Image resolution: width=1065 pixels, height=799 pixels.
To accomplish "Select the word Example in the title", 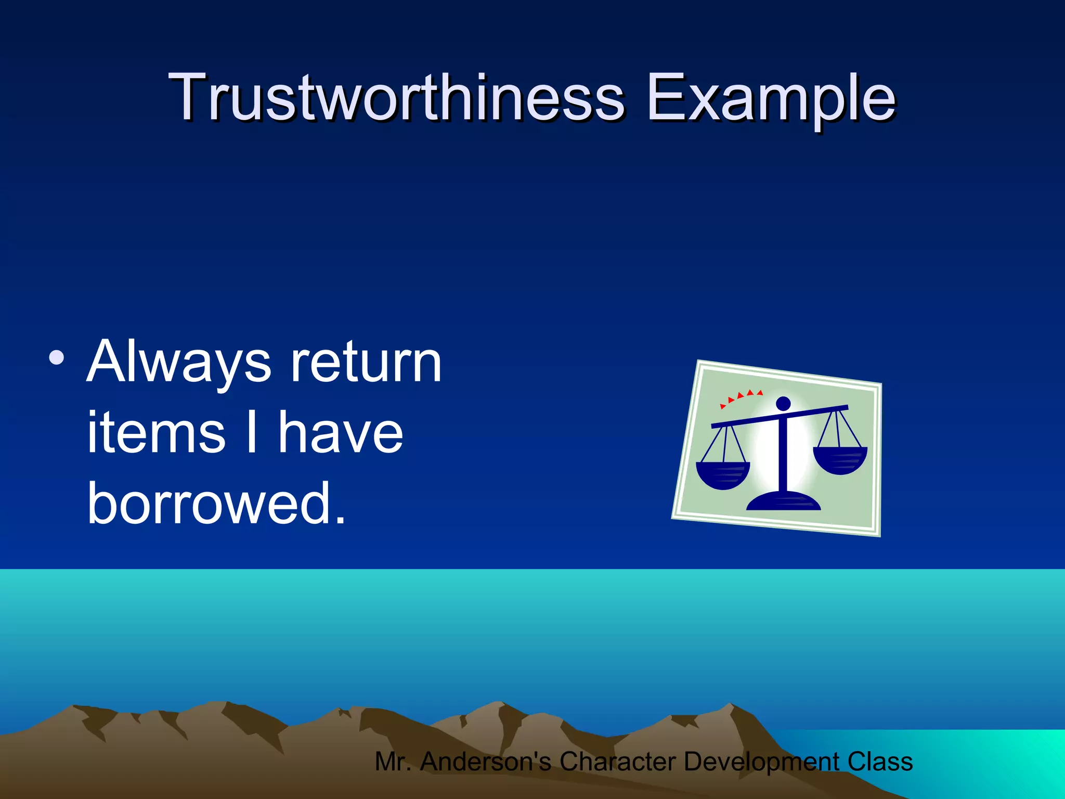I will [x=771, y=99].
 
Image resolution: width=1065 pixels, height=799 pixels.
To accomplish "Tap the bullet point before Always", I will [x=56, y=358].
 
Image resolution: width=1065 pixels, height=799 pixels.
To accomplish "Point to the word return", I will [x=366, y=363].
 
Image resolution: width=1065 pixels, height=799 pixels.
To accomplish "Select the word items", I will [x=156, y=432].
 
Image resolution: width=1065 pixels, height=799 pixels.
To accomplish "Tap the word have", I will [x=340, y=432].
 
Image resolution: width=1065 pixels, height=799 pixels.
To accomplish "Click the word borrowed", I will [x=216, y=503].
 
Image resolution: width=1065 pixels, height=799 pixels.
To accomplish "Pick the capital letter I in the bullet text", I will [x=252, y=432].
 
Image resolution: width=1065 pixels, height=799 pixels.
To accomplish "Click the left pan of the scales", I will [x=722, y=475].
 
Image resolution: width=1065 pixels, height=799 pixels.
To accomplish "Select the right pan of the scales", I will [x=840, y=460].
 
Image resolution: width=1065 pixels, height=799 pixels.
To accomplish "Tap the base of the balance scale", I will [x=783, y=502].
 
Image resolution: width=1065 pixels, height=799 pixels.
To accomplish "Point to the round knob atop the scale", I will [x=783, y=403].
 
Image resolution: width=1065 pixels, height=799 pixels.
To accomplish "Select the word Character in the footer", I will [x=617, y=762].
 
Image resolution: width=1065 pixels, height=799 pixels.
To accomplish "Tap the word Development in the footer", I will [x=761, y=762].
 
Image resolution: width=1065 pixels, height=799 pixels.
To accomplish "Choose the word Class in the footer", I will [x=880, y=762].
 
